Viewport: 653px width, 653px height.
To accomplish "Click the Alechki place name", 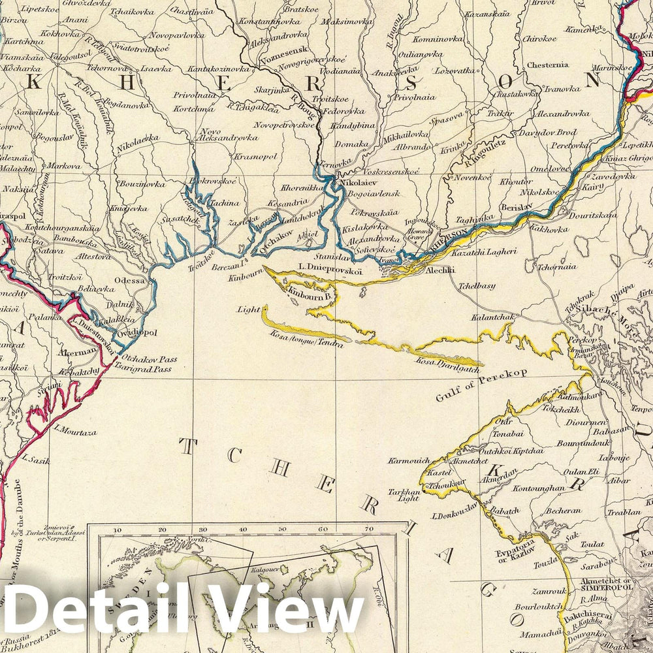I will pyautogui.click(x=437, y=269).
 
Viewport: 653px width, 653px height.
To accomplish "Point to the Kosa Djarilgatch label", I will pyautogui.click(x=445, y=361).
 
